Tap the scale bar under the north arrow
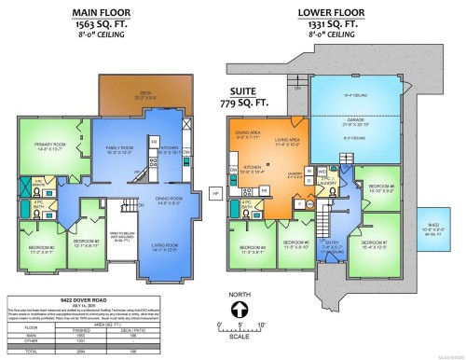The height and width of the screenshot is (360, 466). click(x=240, y=336)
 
